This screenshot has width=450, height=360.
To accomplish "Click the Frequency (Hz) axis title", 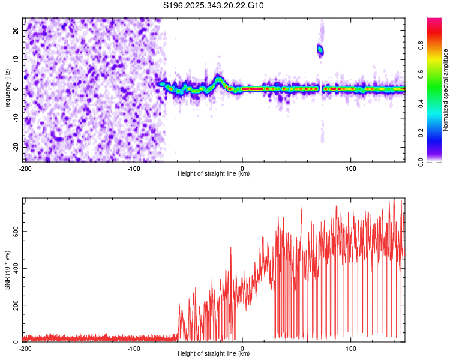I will (x=7, y=89).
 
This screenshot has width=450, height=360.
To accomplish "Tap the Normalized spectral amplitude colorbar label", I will (x=446, y=89).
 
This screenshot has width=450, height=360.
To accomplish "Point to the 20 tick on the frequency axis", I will (x=16, y=30).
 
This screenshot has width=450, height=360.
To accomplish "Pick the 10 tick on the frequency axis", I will (x=16, y=59).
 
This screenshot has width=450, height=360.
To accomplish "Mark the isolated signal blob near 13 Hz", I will (x=320, y=50).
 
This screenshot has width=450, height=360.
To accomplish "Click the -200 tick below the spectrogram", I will (x=25, y=167).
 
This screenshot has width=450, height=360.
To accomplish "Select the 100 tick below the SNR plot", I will (x=351, y=348).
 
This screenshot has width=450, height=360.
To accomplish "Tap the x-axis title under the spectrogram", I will (x=214, y=174).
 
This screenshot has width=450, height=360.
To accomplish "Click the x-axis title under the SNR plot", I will (x=214, y=354).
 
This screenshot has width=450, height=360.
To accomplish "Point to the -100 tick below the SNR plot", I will (x=134, y=348).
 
